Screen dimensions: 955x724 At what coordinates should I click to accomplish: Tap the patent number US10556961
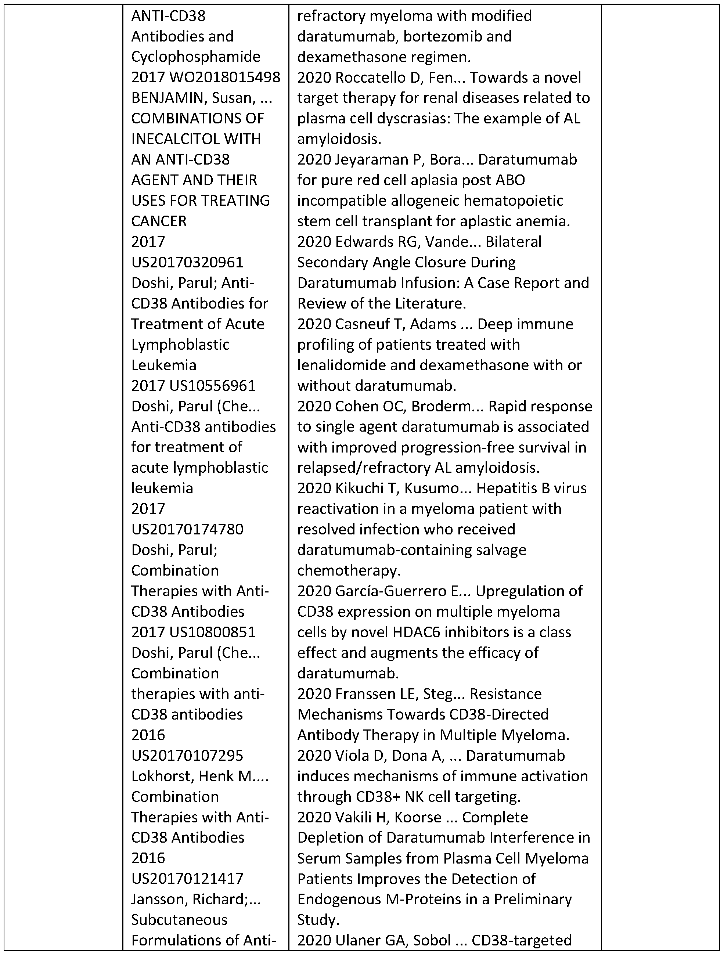pyautogui.click(x=212, y=386)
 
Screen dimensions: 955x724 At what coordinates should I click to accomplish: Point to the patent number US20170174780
pyautogui.click(x=187, y=529)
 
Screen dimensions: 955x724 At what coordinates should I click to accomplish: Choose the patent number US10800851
pyautogui.click(x=212, y=632)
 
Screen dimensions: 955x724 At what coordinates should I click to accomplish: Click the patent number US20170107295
pyautogui.click(x=187, y=755)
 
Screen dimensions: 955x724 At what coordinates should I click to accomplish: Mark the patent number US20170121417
pyautogui.click(x=187, y=878)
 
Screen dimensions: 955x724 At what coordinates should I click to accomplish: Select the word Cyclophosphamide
pyautogui.click(x=195, y=57)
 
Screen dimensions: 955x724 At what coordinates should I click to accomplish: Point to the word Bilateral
pyautogui.click(x=513, y=242)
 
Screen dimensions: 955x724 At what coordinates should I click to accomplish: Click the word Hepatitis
pyautogui.click(x=505, y=488)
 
